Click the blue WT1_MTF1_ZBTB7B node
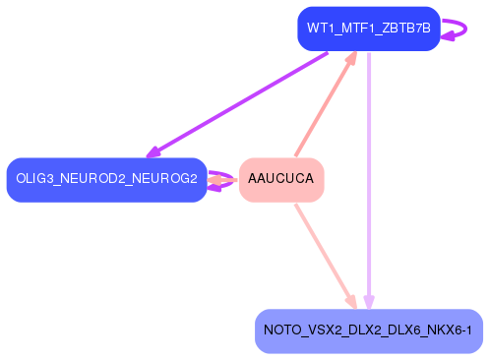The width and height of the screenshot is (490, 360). tap(368, 28)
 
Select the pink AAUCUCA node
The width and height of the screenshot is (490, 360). tap(281, 179)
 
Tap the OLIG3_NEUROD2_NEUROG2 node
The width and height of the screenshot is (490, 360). tap(106, 179)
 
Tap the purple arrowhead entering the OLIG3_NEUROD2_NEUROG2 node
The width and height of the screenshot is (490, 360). tap(153, 152)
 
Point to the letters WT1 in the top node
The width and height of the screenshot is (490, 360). tap(319, 28)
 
